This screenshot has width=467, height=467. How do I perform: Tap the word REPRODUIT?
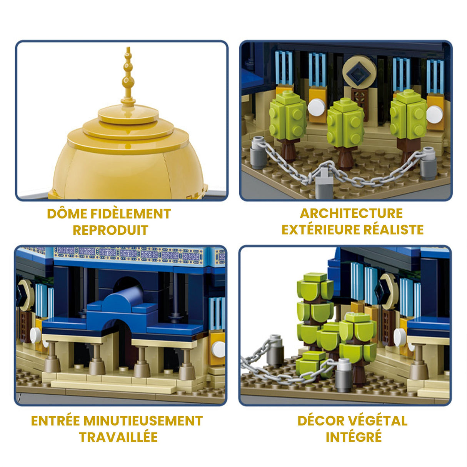(110, 230)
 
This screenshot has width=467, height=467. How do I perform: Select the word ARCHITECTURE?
(351, 213)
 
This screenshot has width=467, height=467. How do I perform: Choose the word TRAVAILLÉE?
(118, 437)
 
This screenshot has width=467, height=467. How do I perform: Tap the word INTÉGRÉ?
(354, 437)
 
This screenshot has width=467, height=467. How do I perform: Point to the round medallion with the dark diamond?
(359, 72)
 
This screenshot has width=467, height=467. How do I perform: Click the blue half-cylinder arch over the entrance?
(123, 300)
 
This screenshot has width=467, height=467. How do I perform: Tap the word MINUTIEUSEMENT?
(143, 421)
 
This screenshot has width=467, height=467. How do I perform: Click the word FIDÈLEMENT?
(131, 214)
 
